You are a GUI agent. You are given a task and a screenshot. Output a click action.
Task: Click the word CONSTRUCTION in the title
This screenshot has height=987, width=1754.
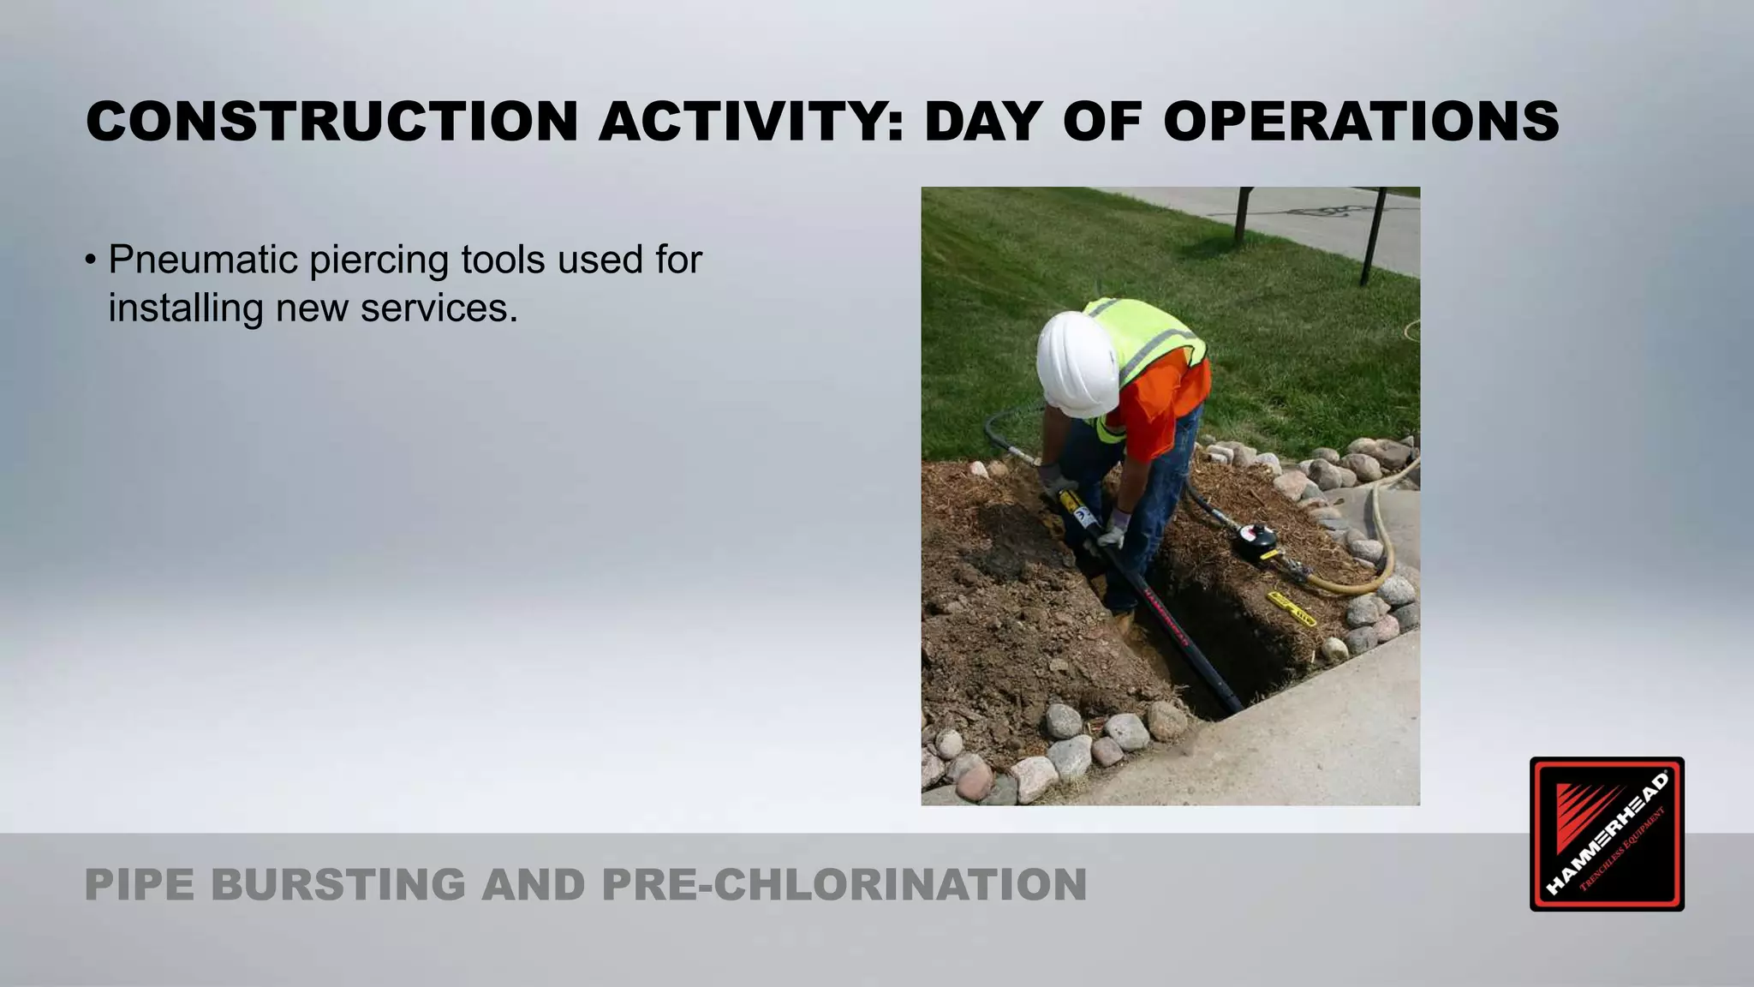332,121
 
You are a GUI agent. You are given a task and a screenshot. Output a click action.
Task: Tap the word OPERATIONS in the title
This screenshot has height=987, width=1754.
1360,121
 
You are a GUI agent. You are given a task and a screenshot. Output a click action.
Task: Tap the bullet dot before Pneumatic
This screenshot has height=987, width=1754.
91,260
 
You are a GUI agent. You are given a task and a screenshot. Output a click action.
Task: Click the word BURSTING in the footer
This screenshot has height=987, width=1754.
337,885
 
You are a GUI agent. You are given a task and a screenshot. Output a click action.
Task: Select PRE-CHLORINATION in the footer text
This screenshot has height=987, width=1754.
844,885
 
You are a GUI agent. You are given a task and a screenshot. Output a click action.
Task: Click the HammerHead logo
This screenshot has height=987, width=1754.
1607,834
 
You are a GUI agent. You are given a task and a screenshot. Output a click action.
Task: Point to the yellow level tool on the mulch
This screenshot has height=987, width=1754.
1292,608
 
